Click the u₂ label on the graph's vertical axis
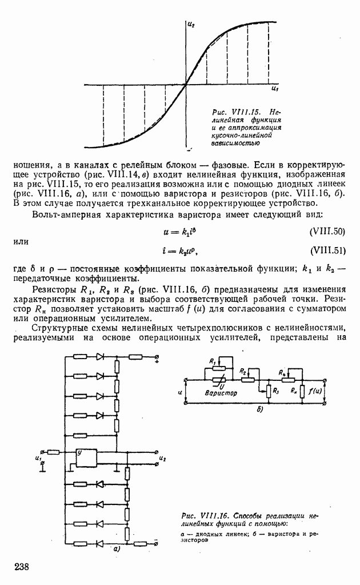pyautogui.click(x=191, y=25)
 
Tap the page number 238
pyautogui.click(x=22, y=566)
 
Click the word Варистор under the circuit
pyautogui.click(x=221, y=393)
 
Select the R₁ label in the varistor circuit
pyautogui.click(x=213, y=361)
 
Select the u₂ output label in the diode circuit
pyautogui.click(x=163, y=459)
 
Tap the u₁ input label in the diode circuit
pyautogui.click(x=38, y=458)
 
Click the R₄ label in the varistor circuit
pyautogui.click(x=282, y=372)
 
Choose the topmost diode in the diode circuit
pyautogui.click(x=101, y=357)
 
